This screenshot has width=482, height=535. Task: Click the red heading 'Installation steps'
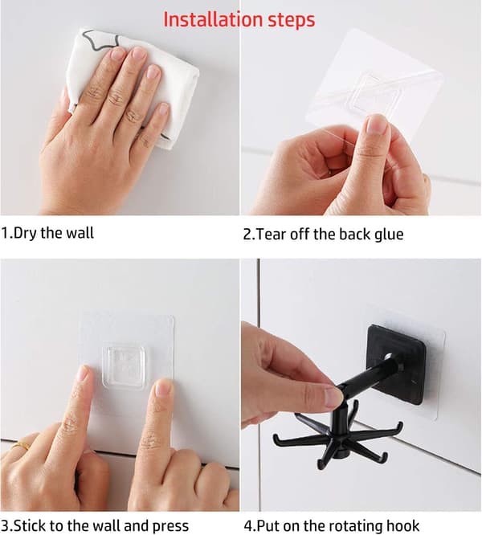239,19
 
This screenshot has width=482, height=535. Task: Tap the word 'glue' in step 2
389,235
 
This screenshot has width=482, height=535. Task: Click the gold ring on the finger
20,446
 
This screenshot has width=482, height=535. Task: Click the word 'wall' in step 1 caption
80,233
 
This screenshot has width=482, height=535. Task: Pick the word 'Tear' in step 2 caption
270,235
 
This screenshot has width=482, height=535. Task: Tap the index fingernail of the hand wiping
117,55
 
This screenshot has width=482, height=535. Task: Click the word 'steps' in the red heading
291,20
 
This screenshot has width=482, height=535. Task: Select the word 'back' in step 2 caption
354,235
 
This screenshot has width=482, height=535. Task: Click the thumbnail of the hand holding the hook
333,396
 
